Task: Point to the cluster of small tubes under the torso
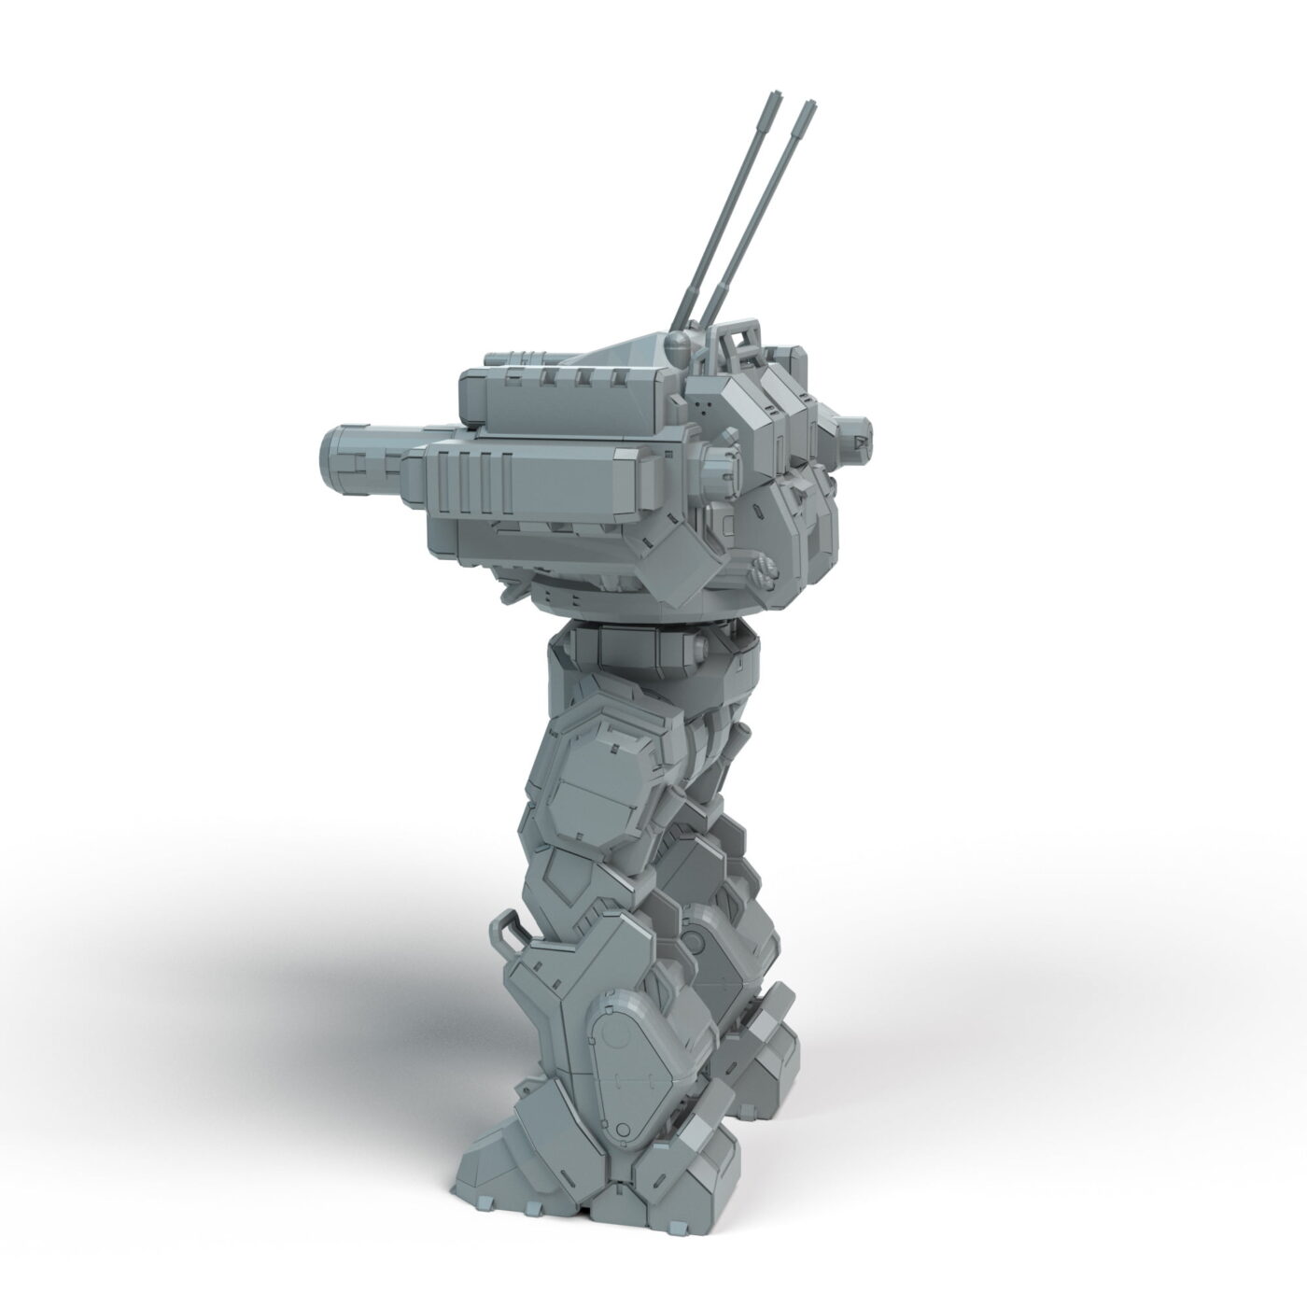(763, 570)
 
